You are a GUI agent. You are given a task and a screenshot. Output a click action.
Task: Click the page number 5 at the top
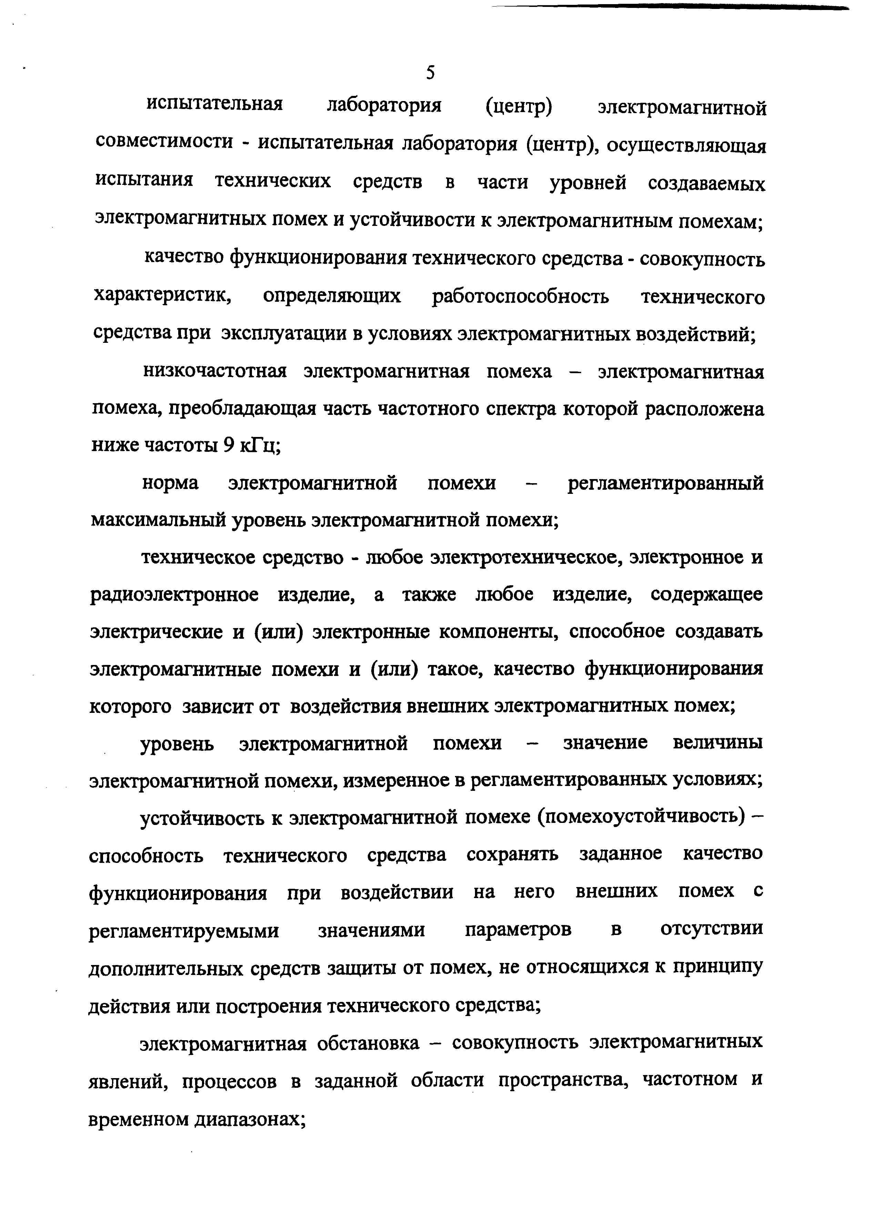click(x=430, y=72)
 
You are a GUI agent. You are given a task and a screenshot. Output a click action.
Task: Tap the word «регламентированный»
click(x=666, y=484)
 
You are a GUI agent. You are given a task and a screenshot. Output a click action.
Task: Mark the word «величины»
click(x=718, y=743)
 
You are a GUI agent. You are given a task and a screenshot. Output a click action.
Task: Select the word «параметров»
click(x=518, y=930)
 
